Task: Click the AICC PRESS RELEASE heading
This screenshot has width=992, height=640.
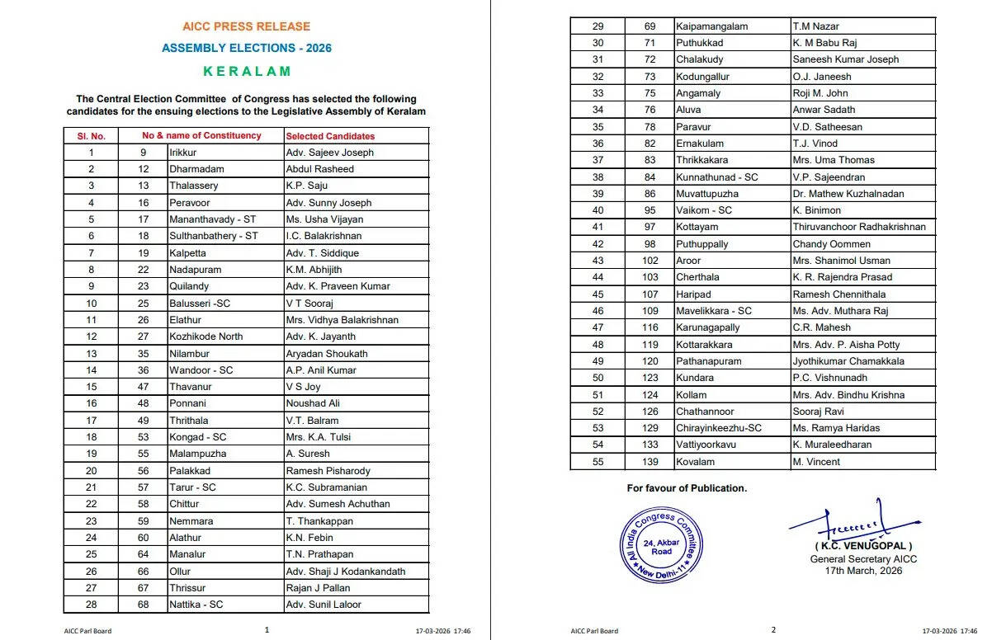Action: coord(247,26)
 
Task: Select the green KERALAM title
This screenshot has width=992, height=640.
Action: coord(247,71)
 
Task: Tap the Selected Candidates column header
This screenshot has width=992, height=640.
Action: coord(330,136)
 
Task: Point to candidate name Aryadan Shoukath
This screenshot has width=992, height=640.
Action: coord(327,354)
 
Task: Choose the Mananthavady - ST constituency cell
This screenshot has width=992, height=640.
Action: coord(213,219)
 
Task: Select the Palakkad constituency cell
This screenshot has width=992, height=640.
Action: coord(190,471)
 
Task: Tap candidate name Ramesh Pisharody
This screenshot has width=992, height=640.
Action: coord(328,471)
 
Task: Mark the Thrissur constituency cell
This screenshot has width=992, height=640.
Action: coord(188,588)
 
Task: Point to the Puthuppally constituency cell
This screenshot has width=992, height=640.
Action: coord(701,244)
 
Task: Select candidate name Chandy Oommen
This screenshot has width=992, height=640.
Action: coord(831,244)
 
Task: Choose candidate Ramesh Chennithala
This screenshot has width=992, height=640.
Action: coord(840,294)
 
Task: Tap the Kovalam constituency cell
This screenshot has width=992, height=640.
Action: coord(696,462)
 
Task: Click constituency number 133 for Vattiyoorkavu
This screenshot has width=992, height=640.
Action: coord(650,445)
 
